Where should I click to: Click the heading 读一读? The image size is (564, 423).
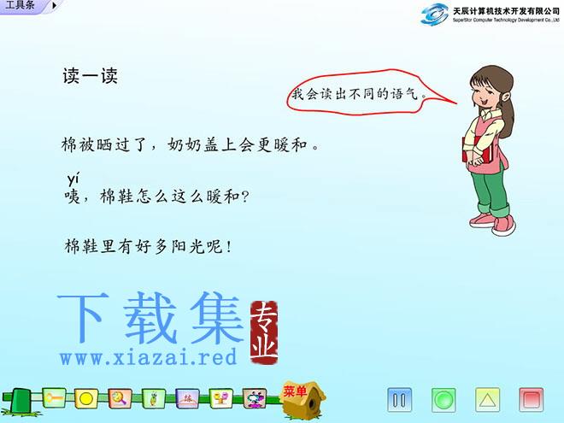tap(91, 76)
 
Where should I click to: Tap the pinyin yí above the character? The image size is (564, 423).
tap(73, 179)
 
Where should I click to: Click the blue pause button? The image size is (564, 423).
tap(399, 400)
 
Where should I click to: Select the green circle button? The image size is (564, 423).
tap(444, 400)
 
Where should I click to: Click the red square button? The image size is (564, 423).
tap(532, 400)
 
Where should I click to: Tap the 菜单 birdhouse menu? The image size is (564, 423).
tap(303, 400)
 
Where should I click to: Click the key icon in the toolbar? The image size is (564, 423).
tap(54, 398)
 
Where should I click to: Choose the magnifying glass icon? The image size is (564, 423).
tap(120, 398)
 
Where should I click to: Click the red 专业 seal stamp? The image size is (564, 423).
tap(264, 332)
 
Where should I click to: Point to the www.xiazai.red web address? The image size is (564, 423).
tap(149, 357)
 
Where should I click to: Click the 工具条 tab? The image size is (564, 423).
tap(21, 5)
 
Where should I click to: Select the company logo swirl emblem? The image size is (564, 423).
tap(435, 14)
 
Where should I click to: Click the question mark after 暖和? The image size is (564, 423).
tap(244, 197)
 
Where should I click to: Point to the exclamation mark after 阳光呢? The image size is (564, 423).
tap(229, 247)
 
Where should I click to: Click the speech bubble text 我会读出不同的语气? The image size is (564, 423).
tap(355, 94)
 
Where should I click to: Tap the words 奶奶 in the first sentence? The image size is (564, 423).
tap(185, 144)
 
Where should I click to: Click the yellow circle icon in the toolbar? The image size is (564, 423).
tap(86, 398)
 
